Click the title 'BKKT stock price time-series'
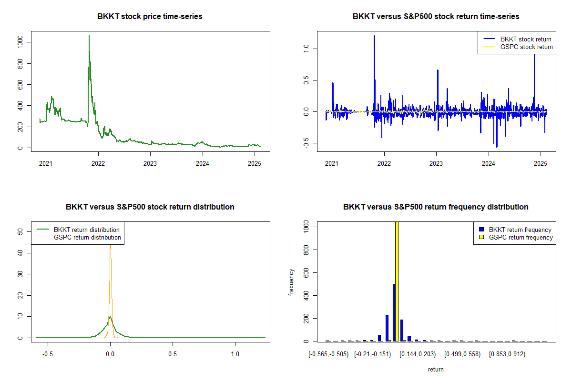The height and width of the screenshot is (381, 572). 150,17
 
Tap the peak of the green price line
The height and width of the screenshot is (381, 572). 89,36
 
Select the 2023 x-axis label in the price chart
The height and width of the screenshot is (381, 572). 150,161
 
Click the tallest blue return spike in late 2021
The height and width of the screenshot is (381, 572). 374,36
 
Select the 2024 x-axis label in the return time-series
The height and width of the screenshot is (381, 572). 489,161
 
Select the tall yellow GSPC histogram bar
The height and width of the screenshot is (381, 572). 397,281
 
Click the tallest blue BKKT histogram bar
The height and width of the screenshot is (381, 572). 394,312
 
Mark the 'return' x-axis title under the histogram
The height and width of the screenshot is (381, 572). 436,369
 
